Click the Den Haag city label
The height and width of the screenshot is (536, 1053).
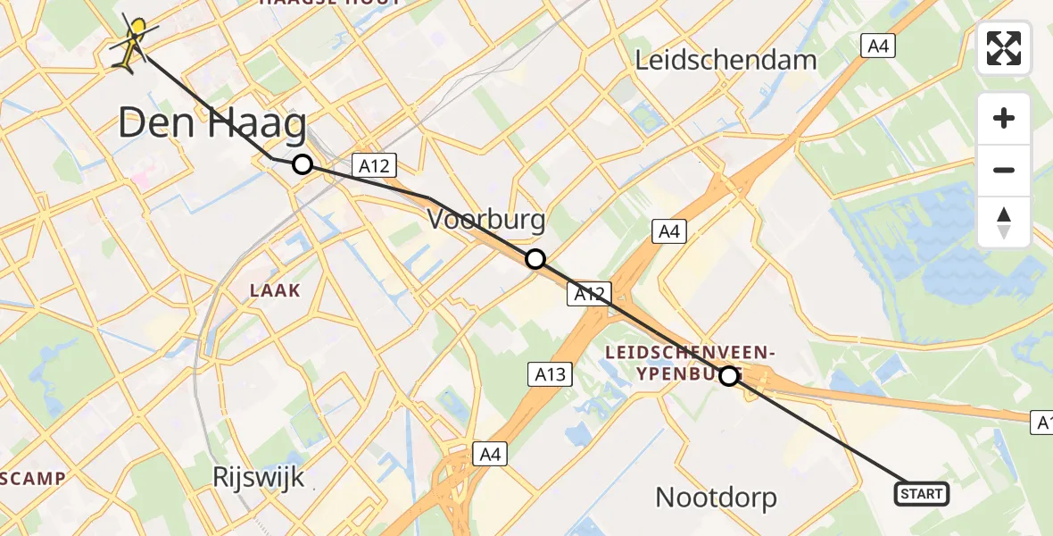click(211, 123)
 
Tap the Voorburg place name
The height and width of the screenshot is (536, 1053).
click(486, 219)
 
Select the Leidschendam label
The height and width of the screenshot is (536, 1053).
click(725, 60)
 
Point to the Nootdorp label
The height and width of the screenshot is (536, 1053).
click(716, 497)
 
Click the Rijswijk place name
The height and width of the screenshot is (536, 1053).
click(259, 477)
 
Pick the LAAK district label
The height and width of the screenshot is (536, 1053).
click(276, 290)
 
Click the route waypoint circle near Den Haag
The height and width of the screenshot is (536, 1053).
click(303, 164)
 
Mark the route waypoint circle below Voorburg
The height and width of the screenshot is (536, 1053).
click(535, 259)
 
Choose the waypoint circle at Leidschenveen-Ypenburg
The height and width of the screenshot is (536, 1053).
click(729, 376)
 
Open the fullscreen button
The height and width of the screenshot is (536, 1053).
click(1004, 48)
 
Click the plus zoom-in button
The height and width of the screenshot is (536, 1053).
click(1004, 118)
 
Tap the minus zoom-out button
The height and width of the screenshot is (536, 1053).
click(1004, 170)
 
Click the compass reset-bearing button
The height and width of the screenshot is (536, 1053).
click(1004, 222)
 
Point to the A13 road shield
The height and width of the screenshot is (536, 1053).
click(550, 373)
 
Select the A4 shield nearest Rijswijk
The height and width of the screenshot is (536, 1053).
click(490, 454)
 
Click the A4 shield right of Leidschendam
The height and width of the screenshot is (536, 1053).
click(878, 46)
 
